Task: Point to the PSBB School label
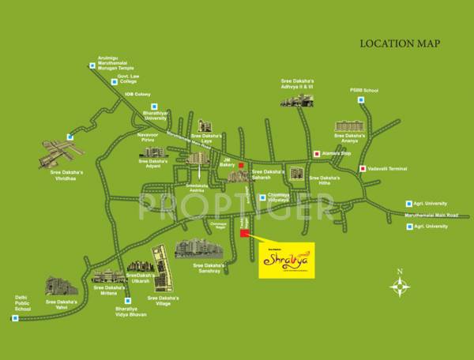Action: pos(364,92)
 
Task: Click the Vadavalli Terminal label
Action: pos(389,167)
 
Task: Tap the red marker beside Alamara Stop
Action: pos(318,154)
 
